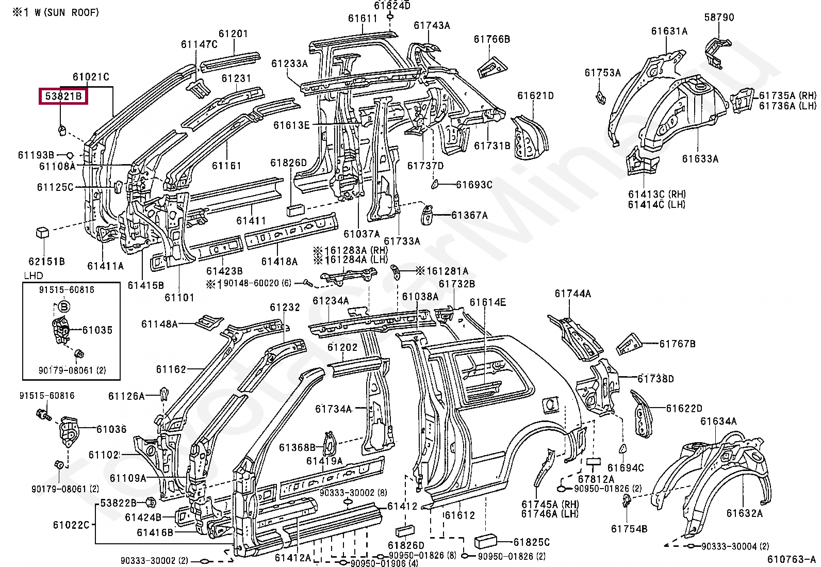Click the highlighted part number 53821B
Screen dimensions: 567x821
click(x=63, y=96)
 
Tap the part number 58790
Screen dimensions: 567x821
click(x=719, y=18)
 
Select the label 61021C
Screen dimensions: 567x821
click(x=91, y=77)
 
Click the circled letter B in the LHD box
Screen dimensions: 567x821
click(x=64, y=306)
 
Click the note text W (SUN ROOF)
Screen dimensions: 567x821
click(x=67, y=12)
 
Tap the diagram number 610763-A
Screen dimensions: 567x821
click(x=791, y=559)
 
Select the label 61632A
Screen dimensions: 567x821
click(x=744, y=513)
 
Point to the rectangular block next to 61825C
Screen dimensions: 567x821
click(x=485, y=541)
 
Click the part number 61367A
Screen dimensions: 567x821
click(x=469, y=215)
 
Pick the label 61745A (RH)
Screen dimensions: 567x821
click(x=550, y=504)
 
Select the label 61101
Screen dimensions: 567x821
click(x=179, y=297)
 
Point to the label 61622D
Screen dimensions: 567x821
click(x=684, y=409)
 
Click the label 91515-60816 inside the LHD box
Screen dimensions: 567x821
click(x=67, y=290)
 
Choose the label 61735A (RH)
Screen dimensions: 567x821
click(x=787, y=95)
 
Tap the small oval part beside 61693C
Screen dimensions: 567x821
click(x=435, y=184)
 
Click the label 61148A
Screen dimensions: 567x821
click(x=159, y=324)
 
